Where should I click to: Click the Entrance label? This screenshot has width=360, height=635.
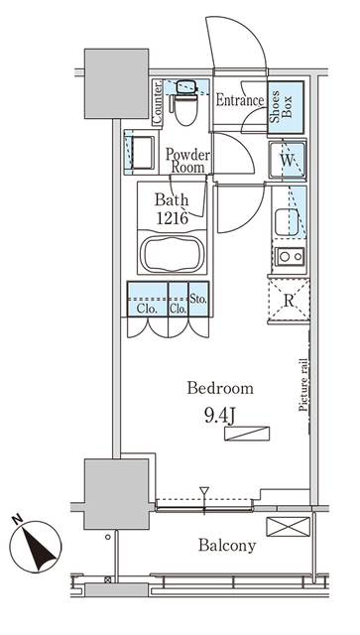(x=239, y=100)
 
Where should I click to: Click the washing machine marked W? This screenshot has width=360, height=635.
(x=288, y=159)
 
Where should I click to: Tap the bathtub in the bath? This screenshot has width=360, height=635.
(x=173, y=254)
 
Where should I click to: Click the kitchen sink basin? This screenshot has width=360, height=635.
(x=288, y=222)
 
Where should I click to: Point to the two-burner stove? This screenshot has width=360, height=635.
(x=290, y=257)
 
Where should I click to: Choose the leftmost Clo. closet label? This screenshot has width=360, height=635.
(x=145, y=307)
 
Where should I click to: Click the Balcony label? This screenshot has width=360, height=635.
(x=226, y=545)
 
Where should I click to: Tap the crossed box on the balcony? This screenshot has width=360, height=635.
(x=289, y=528)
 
